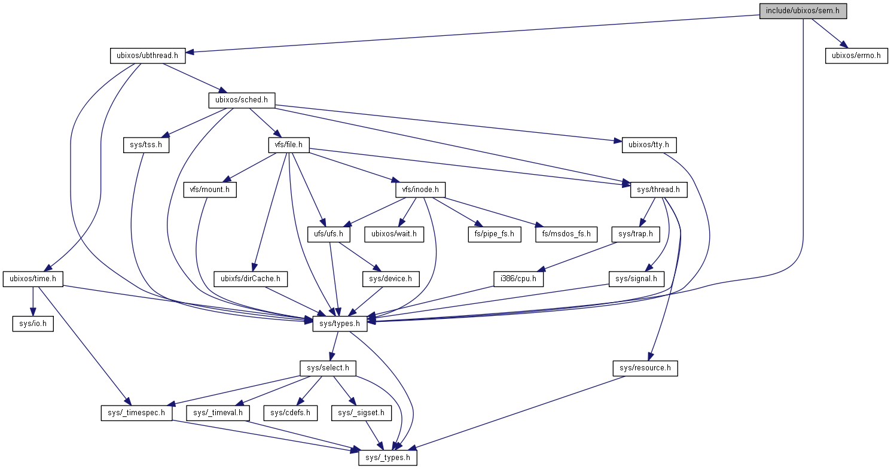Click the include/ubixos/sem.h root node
point(802,11)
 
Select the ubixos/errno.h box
point(856,56)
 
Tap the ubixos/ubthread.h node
point(147,56)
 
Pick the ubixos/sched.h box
point(241,100)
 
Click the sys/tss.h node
point(146,145)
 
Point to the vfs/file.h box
point(288,145)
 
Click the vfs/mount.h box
point(209,190)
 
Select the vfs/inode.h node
point(420,190)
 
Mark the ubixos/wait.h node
point(394,234)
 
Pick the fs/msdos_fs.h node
point(566,234)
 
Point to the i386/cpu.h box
point(518,279)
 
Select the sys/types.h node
point(340,324)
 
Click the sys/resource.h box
point(645,368)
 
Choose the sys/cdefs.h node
point(291,413)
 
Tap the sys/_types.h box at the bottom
point(387,458)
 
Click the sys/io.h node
point(33,324)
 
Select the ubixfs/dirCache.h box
point(251,279)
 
